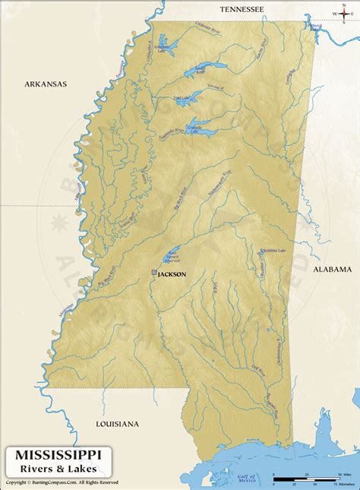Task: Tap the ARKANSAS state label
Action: coord(46,84)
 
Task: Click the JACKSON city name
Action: coord(172,274)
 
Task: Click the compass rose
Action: coord(339,13)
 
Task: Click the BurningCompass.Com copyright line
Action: coord(62,482)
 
